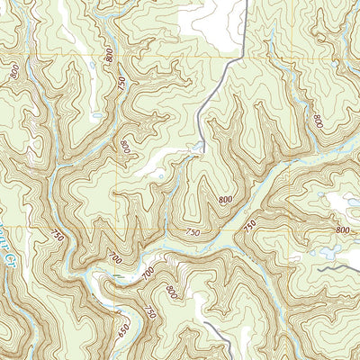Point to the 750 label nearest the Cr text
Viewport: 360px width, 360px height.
(58, 237)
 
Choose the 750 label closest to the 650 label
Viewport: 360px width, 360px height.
(151, 310)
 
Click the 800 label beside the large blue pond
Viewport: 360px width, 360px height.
(342, 230)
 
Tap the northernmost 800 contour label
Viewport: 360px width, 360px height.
(109, 55)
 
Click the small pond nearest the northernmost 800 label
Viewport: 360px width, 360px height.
(93, 66)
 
